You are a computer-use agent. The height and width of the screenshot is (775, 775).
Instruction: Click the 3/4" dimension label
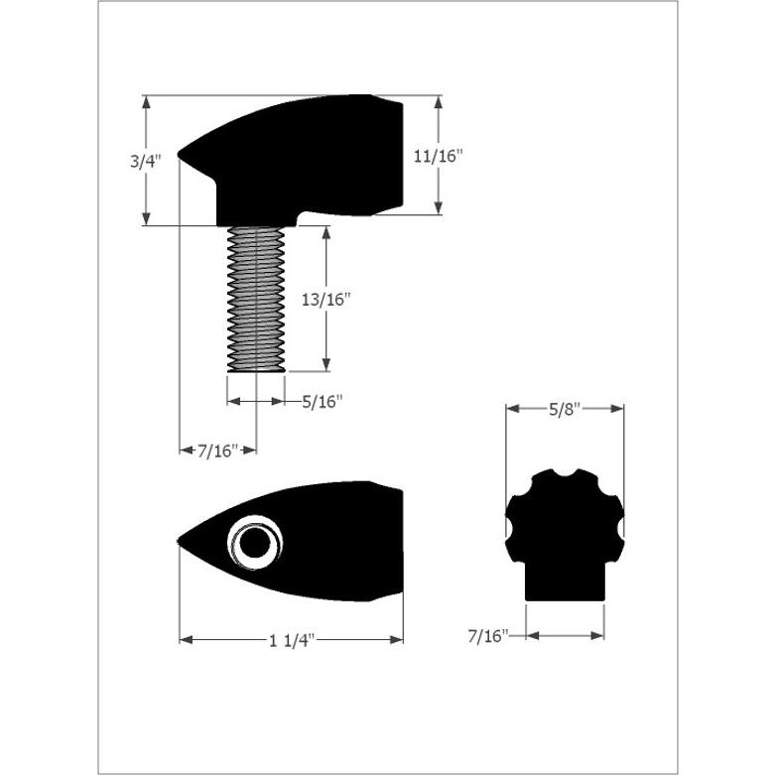[x=146, y=161]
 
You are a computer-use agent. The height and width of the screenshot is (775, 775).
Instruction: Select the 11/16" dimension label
[x=438, y=156]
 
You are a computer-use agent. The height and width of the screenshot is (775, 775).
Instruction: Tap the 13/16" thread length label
[x=325, y=299]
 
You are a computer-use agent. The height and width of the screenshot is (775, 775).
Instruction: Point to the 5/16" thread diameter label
[x=323, y=402]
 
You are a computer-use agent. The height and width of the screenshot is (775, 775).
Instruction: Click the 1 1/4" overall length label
[x=292, y=641]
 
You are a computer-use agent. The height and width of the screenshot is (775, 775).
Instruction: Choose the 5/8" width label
[x=564, y=409]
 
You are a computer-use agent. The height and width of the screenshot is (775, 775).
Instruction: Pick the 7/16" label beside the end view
[x=488, y=636]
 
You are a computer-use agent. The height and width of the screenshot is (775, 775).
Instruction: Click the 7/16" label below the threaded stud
[x=218, y=451]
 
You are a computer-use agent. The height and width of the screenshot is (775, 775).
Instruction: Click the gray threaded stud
[x=256, y=299]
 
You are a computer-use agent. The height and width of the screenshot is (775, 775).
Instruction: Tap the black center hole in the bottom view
[x=255, y=543]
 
